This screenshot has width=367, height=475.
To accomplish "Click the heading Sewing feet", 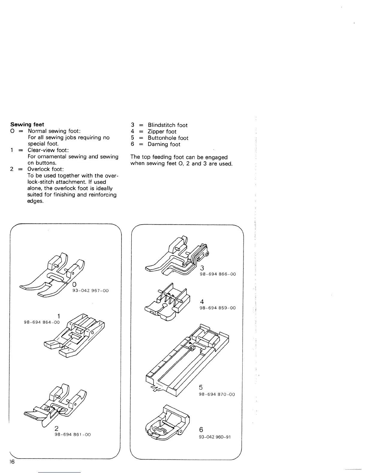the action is (x=27, y=124).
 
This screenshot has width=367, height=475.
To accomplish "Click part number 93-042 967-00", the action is (x=91, y=291).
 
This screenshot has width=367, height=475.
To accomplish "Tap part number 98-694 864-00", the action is (x=42, y=322).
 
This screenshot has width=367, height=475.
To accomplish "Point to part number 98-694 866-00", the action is (x=218, y=274).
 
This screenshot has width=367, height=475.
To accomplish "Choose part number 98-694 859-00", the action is (x=218, y=308).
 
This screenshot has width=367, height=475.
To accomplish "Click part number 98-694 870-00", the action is (x=217, y=394).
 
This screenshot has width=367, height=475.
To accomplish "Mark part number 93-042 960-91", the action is (x=215, y=437).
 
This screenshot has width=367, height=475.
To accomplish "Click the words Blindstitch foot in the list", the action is (x=168, y=125).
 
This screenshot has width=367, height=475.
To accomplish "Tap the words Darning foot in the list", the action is (x=164, y=144).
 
